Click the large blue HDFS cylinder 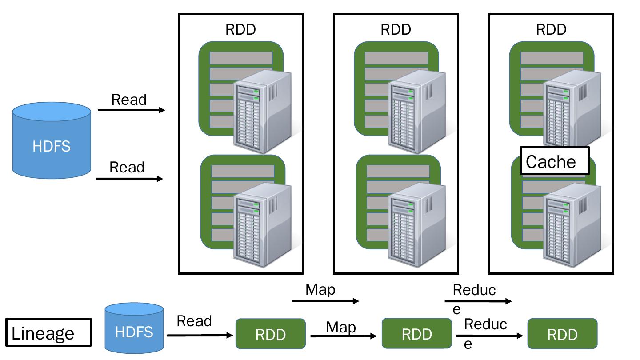tap(52, 140)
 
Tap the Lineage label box tap(48, 332)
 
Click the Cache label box tap(555, 161)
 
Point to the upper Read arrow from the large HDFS tap(131, 110)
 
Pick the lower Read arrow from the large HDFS tap(130, 179)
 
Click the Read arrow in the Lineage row tap(200, 336)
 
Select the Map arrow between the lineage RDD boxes tap(343, 336)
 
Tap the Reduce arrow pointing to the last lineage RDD tap(489, 336)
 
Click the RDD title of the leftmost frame tap(240, 30)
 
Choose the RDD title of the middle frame tap(396, 30)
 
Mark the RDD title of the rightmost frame tap(551, 30)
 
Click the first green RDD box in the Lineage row tap(270, 334)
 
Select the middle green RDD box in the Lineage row tap(416, 334)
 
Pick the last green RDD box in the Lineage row tap(562, 334)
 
